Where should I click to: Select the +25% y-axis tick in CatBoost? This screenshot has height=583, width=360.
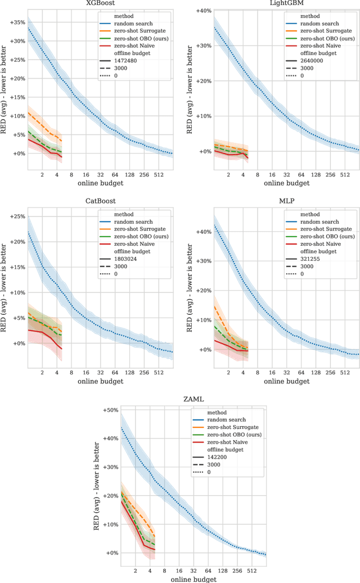14,216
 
